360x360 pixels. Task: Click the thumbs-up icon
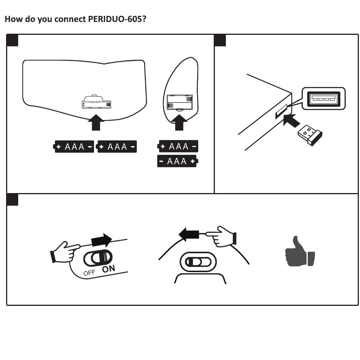click(x=300, y=251)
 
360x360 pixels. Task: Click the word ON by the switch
click(x=108, y=269)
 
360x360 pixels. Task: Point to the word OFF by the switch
click(x=89, y=273)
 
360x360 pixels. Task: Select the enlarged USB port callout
click(x=323, y=99)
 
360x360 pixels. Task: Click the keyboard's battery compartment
click(x=97, y=103)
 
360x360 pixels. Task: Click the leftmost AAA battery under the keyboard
click(x=74, y=146)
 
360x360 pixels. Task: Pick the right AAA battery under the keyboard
click(x=117, y=146)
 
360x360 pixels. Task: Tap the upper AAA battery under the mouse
click(x=178, y=146)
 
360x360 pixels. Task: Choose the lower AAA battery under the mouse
click(x=177, y=161)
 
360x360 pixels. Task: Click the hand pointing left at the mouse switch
click(x=222, y=237)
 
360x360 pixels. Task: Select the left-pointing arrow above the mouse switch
click(x=189, y=234)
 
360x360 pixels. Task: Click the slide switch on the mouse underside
click(x=197, y=262)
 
